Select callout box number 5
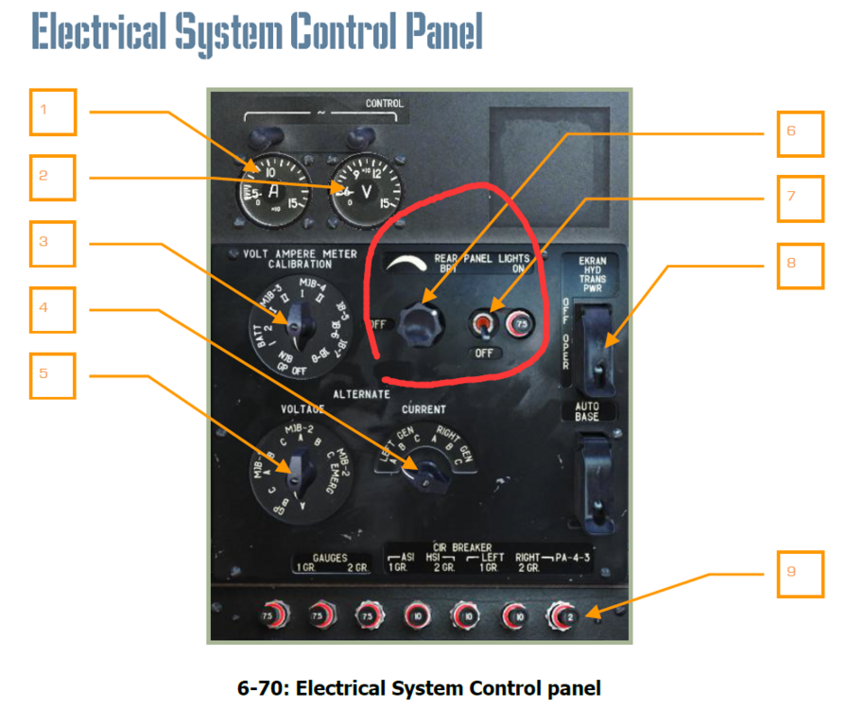(52, 375)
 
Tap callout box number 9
(800, 574)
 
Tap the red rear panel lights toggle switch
(483, 325)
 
